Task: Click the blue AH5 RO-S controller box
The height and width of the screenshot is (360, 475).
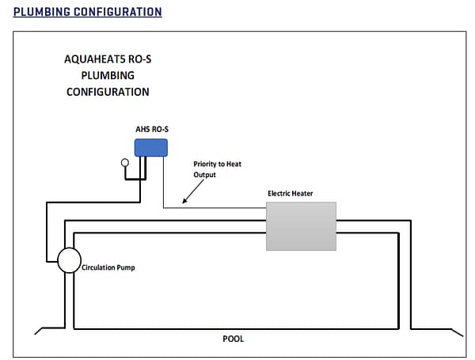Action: point(150,147)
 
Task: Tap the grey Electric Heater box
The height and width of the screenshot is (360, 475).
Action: point(301,226)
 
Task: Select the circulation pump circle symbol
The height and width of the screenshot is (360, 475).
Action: point(68,260)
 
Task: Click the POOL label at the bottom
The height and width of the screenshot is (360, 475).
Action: point(234,339)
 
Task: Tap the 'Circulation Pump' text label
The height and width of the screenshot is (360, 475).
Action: point(108,267)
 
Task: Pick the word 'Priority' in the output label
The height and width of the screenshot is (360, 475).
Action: point(207,165)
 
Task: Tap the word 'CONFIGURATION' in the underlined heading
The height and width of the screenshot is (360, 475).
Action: point(120,12)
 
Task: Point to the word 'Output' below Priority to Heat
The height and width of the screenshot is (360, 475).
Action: point(204,175)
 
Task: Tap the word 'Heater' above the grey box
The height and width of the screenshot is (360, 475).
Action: point(309,192)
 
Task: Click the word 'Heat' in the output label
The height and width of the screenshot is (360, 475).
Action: point(233,165)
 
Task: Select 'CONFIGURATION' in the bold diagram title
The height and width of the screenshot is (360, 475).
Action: point(108,92)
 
